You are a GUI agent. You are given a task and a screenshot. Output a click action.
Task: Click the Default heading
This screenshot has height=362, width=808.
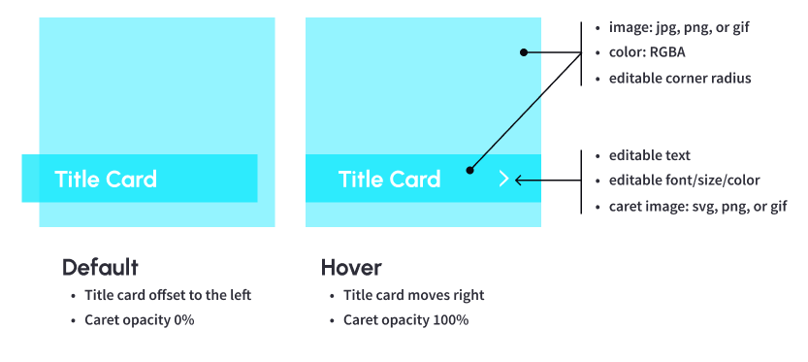pos(100,268)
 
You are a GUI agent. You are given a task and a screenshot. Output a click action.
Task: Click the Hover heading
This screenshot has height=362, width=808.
pos(351,268)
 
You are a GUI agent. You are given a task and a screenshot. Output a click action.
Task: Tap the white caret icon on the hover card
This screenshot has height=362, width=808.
pos(504,179)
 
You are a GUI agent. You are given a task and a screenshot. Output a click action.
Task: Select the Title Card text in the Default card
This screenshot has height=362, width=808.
pos(106,179)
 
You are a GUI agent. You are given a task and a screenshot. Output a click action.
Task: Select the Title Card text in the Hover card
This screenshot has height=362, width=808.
pos(390,179)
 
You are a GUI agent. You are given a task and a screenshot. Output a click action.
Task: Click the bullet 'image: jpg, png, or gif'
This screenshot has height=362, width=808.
pos(679,28)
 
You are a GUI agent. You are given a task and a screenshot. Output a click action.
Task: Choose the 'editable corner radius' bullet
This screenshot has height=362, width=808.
pos(680,79)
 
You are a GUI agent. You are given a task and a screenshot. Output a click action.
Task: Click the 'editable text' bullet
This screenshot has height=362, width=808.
pos(649,155)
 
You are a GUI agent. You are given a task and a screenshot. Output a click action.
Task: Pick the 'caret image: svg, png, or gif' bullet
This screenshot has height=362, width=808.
pos(697,207)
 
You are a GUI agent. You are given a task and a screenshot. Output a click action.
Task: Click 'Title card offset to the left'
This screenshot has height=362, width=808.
pos(168,295)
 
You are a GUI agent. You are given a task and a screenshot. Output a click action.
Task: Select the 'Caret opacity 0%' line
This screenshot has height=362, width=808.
pos(139,320)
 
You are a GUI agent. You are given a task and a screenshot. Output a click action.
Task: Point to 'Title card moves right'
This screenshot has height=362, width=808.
pos(414,295)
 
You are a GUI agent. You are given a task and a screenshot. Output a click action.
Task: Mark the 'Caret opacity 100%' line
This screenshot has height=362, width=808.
pos(406,320)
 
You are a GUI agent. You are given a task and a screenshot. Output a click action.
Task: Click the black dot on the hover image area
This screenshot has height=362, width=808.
pos(524,52)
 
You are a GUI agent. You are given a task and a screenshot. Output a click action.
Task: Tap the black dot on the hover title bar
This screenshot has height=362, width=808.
pos(469,170)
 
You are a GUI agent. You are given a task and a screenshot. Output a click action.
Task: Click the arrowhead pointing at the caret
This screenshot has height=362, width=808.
pos(517,180)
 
